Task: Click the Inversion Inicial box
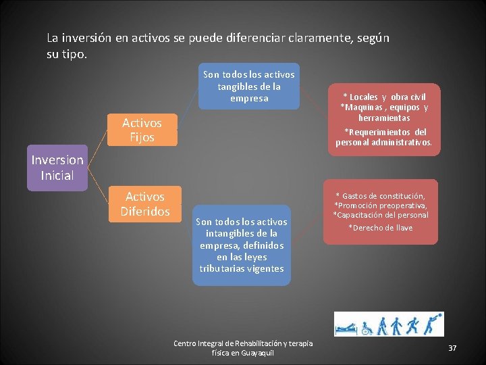click(57, 168)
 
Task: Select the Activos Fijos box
click(142, 130)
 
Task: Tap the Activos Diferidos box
click(145, 203)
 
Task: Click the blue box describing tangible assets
click(249, 86)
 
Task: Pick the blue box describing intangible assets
click(241, 245)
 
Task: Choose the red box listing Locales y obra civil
click(385, 120)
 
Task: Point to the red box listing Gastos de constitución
click(381, 212)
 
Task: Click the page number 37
click(452, 347)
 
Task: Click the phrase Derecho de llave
click(380, 228)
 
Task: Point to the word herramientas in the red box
click(385, 118)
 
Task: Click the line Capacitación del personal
click(380, 215)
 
